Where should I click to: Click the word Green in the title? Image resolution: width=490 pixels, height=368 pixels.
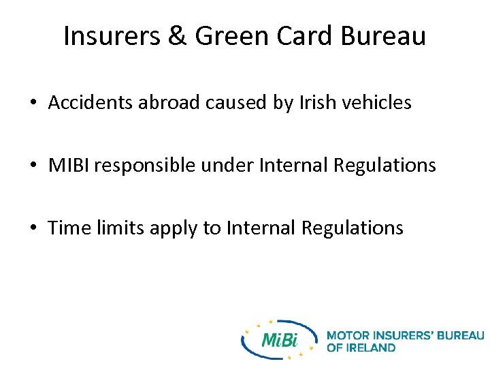pyautogui.click(x=229, y=36)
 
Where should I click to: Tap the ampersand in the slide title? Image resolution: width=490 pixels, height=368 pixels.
pyautogui.click(x=177, y=36)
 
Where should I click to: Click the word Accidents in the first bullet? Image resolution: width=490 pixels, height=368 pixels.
pyautogui.click(x=92, y=103)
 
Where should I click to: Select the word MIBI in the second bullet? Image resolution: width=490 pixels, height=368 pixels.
pyautogui.click(x=67, y=165)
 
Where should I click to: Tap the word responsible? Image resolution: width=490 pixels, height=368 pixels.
pyautogui.click(x=144, y=166)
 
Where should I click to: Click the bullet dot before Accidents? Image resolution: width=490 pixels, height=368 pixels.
pyautogui.click(x=33, y=104)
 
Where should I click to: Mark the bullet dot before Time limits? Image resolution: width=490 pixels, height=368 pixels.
pyautogui.click(x=33, y=228)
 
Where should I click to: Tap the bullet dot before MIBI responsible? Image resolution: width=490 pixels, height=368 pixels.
pyautogui.click(x=33, y=166)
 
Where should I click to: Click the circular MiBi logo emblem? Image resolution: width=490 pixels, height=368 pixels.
pyautogui.click(x=279, y=339)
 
